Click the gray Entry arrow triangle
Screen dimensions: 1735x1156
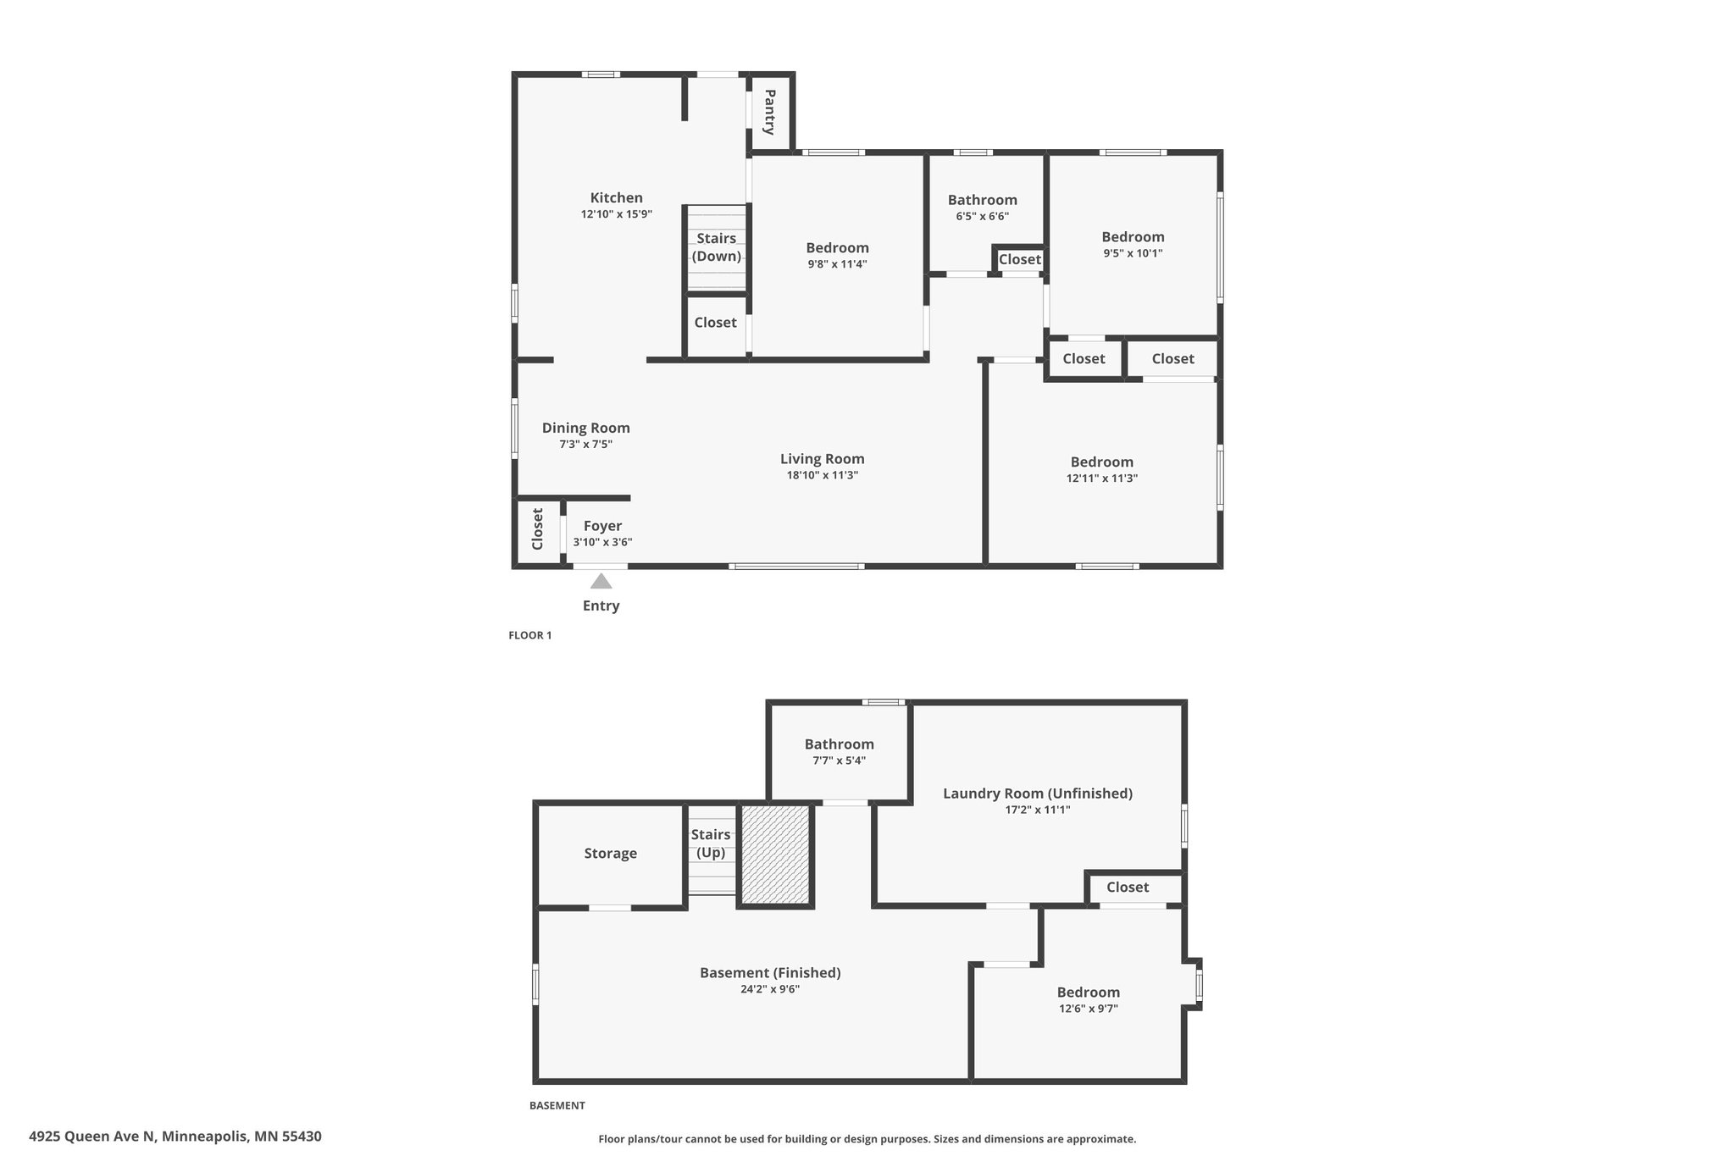[601, 581]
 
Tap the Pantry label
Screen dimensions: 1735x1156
[769, 112]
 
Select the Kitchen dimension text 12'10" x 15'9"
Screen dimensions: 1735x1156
[617, 214]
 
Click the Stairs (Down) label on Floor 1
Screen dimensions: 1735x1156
[717, 247]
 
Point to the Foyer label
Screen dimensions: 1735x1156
[602, 526]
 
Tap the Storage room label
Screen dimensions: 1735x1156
[610, 854]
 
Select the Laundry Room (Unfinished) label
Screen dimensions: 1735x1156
[1038, 794]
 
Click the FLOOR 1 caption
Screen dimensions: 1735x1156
[529, 635]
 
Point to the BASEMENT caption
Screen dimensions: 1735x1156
[557, 1105]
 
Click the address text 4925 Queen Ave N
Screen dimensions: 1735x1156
[92, 1137]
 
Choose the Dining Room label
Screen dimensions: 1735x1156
[586, 428]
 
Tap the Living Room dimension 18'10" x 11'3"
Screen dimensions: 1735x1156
[823, 475]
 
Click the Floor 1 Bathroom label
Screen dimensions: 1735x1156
[983, 200]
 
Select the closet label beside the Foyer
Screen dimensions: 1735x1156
[537, 528]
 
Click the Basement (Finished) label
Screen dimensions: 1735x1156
[770, 973]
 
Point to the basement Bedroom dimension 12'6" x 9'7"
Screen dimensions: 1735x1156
[1089, 1009]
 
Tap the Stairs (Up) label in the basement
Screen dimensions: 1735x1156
[711, 843]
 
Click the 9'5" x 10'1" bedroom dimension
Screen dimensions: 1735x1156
[1133, 253]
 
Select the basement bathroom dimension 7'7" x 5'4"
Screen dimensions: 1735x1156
[839, 761]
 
